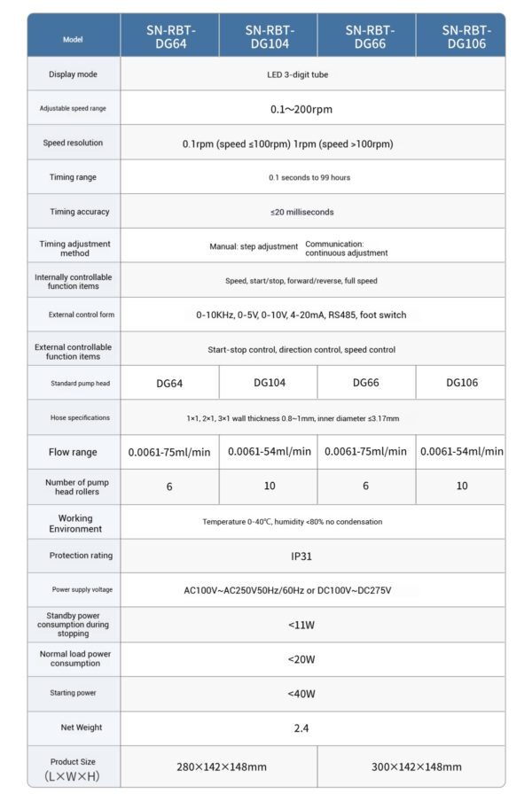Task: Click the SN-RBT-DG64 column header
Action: point(171,35)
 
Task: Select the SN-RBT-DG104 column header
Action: point(270,35)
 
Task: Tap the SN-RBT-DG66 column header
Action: point(367,35)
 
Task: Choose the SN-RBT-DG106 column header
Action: point(465,35)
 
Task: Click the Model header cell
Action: point(74,40)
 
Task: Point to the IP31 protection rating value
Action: point(301,556)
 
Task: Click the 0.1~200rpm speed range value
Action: point(301,109)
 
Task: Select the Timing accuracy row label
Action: point(74,212)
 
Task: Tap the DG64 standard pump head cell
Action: point(170,384)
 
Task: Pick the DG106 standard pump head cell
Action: point(462,384)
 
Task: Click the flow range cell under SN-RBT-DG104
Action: point(270,452)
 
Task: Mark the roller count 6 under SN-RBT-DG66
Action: point(367,486)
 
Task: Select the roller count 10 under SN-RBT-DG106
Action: point(462,486)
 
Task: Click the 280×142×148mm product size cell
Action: point(222,766)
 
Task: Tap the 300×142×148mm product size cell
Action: point(416,766)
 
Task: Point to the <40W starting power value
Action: point(301,694)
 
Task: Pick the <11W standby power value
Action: point(301,625)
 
